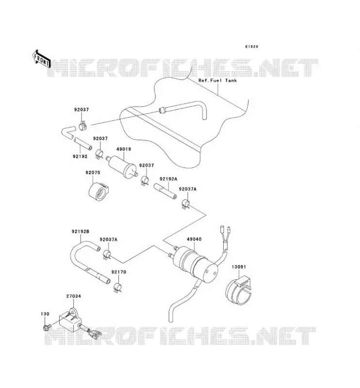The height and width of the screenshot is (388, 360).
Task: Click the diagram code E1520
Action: (251, 47)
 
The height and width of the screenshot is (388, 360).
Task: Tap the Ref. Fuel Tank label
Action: (217, 81)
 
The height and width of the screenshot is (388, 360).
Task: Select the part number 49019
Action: (124, 149)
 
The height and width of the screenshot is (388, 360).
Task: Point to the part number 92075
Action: (93, 173)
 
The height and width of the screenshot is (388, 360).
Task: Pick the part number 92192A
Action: (168, 179)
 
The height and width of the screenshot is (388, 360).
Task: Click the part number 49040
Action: (194, 239)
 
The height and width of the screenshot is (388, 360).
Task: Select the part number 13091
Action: (239, 267)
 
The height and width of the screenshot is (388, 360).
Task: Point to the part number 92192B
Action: (81, 232)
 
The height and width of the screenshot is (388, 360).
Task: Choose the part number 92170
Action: (119, 272)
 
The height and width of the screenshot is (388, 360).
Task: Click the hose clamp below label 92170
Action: (117, 287)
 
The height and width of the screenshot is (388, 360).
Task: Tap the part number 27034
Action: (74, 296)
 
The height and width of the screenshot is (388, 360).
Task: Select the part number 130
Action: (45, 314)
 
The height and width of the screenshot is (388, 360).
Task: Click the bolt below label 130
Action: (47, 328)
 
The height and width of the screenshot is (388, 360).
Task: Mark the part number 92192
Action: (80, 156)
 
